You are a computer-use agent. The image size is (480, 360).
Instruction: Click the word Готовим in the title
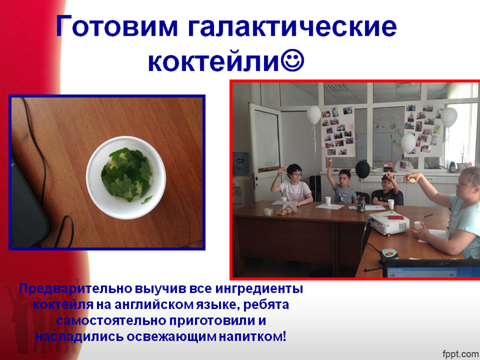[x=116, y=26]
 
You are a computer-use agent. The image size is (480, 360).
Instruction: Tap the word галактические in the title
[x=293, y=26]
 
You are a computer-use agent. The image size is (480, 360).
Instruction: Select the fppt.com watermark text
[x=460, y=353]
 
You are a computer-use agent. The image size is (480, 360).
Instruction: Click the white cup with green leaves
[x=126, y=178]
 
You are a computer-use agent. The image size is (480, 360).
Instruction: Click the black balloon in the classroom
[x=363, y=170]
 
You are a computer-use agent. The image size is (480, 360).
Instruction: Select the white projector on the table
[x=389, y=222]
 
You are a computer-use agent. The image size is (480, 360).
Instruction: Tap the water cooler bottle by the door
[x=241, y=164]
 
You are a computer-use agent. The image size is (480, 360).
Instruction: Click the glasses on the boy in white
[x=296, y=175]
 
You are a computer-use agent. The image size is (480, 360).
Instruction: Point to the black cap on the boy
[x=387, y=178]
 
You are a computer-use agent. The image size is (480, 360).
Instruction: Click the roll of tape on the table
[x=268, y=211]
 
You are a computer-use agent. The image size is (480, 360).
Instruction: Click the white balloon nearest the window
[x=449, y=117]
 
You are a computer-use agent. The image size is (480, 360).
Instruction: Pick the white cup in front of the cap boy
[x=391, y=204]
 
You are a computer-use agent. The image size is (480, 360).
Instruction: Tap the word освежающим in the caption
[x=172, y=337]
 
